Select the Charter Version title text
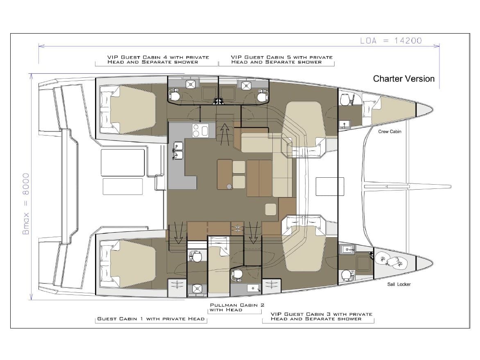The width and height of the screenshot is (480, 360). point(403,79)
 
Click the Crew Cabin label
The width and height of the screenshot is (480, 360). point(389,131)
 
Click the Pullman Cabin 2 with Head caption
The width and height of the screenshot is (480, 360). point(237,308)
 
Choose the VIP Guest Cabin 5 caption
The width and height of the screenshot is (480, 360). point(281,59)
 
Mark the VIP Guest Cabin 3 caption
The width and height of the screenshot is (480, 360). point(322,316)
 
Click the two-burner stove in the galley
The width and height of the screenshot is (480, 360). point(200,131)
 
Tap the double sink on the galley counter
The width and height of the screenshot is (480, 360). point(179,150)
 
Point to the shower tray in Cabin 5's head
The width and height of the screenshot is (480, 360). point(246,85)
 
